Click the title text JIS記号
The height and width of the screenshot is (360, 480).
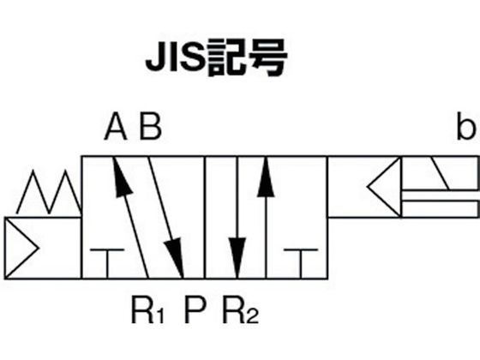click(216, 58)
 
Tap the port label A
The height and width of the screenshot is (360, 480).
click(116, 126)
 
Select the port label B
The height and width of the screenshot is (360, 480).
click(150, 126)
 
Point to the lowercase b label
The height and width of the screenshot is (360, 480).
click(466, 126)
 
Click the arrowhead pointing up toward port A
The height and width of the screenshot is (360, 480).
click(122, 177)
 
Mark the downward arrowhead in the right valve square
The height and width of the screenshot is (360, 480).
click(237, 258)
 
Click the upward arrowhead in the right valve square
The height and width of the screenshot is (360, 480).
click(266, 177)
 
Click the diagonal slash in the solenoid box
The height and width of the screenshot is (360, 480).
click(441, 173)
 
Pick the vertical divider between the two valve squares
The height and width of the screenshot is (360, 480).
click(205, 218)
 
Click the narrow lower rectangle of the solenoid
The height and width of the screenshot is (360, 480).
click(441, 209)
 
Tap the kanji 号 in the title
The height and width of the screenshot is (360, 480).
click(269, 58)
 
